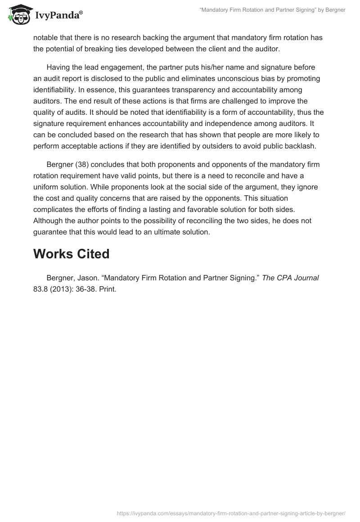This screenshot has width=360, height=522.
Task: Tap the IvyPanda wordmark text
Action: click(58, 16)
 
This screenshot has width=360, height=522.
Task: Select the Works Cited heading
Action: click(71, 254)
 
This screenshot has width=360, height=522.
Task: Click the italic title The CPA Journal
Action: click(290, 278)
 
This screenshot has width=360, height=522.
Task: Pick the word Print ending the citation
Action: click(109, 289)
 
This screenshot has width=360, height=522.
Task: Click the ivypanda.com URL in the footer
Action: click(231, 513)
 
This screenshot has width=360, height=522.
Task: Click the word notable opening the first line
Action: click(45, 38)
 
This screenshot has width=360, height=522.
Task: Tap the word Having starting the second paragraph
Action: click(58, 67)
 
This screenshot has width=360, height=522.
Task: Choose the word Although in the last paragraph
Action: click(49, 220)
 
